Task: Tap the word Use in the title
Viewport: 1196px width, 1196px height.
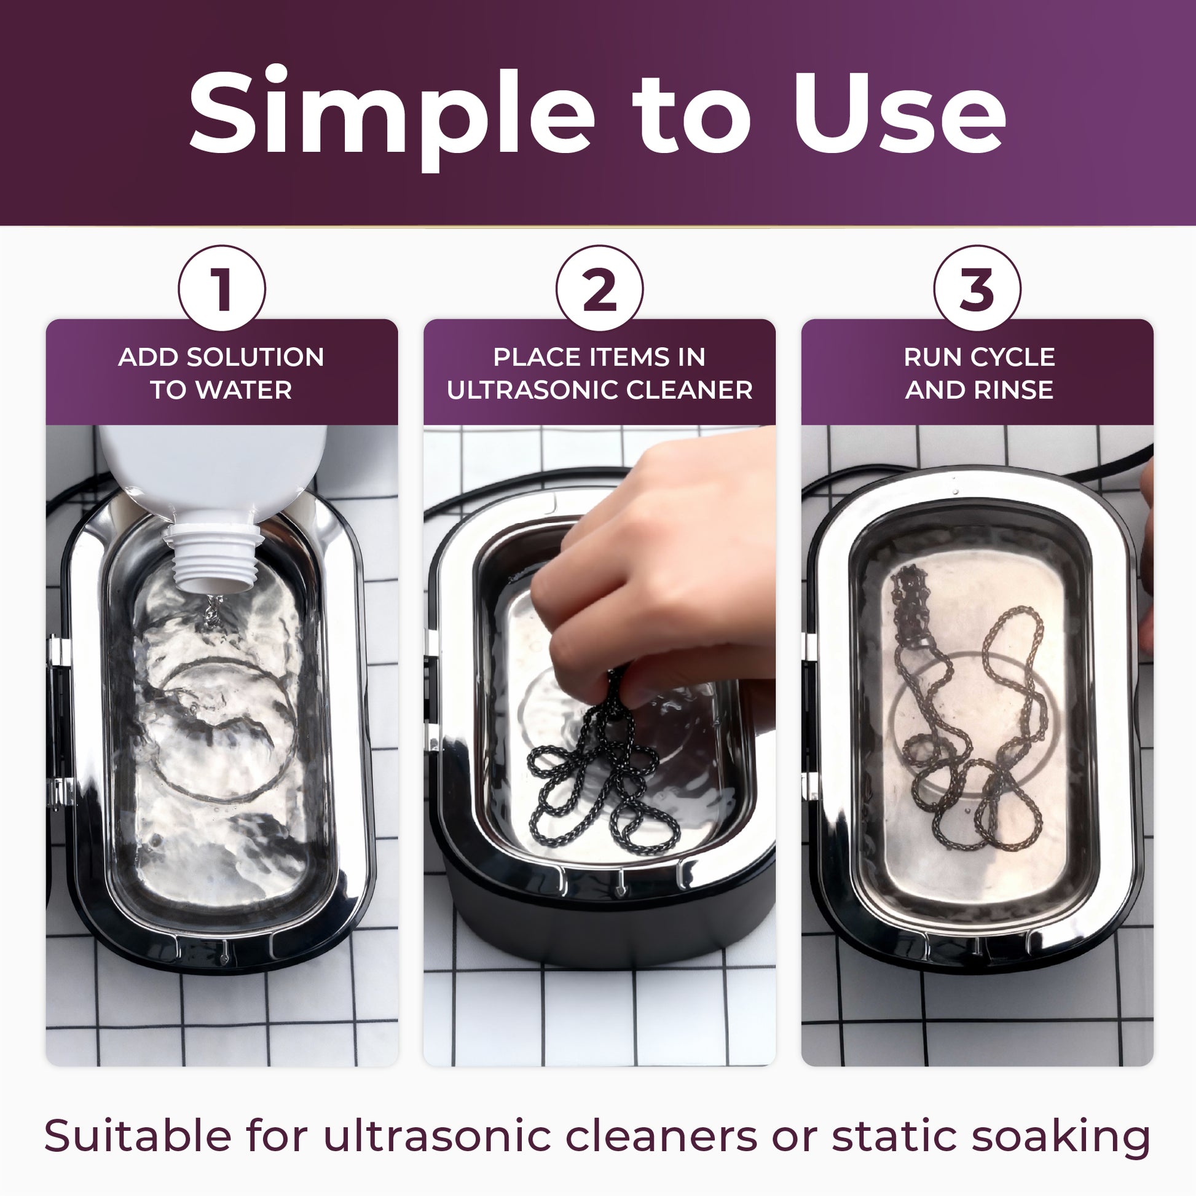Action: click(899, 112)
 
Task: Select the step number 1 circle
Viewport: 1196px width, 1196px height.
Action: click(222, 288)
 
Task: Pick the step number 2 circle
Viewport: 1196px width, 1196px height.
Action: click(599, 288)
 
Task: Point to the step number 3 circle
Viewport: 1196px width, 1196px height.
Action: click(977, 288)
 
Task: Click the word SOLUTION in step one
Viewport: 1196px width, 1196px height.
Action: click(255, 357)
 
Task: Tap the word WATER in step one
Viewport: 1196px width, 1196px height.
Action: click(244, 390)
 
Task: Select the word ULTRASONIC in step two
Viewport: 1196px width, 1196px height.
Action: click(532, 390)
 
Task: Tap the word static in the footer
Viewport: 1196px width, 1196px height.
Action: click(893, 1135)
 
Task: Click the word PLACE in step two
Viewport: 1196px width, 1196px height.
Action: click(537, 357)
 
